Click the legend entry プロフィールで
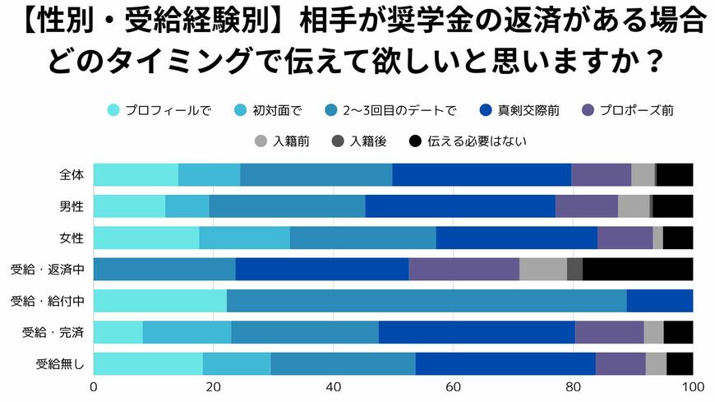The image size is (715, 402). tap(159, 110)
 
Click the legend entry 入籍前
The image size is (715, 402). tap(282, 141)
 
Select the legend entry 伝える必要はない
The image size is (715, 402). tap(467, 141)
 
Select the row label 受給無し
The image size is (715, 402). tap(59, 363)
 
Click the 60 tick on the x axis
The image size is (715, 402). tap(453, 387)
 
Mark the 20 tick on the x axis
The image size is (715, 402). tap(214, 387)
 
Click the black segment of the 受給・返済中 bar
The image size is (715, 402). tap(638, 269)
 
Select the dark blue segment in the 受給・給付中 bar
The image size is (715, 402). tap(660, 300)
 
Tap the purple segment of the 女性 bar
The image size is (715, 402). tap(625, 238)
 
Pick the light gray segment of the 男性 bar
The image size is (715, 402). tap(634, 206)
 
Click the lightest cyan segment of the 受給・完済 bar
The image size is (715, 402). tap(118, 332)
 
